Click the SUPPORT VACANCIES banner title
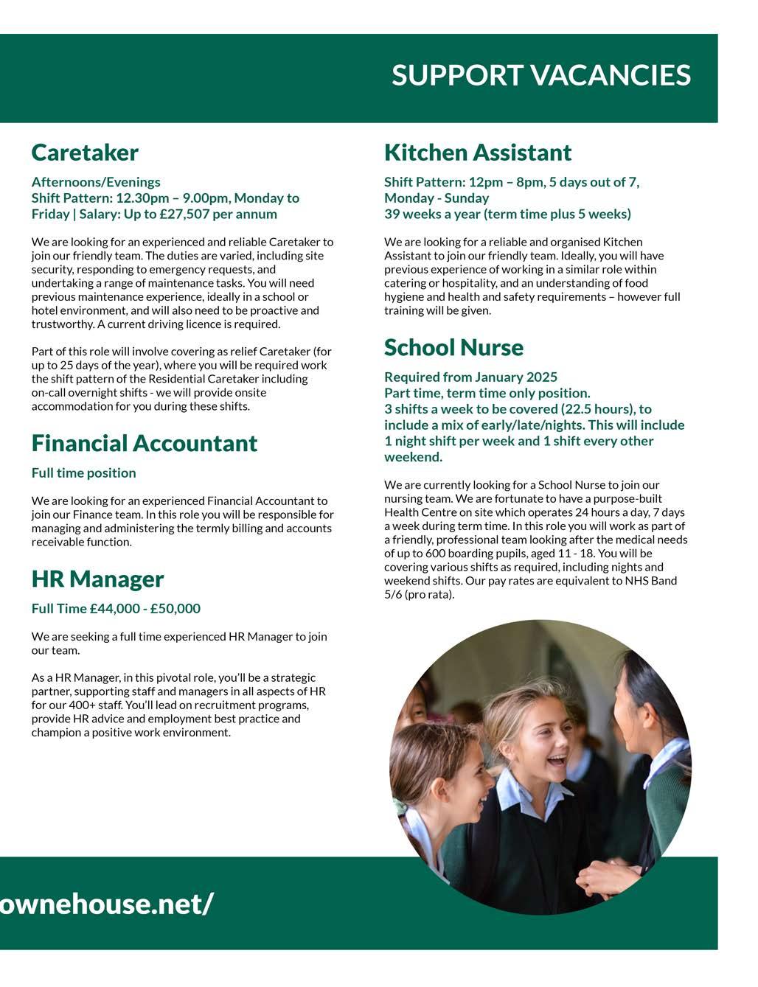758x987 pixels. point(540,75)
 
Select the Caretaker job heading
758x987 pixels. point(85,153)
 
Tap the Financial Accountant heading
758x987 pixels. point(145,443)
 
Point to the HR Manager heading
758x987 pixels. point(97,579)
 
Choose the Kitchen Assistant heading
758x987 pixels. point(478,153)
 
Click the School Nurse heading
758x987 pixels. point(453,347)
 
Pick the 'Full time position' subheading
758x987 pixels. point(83,473)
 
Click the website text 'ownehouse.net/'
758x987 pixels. point(108,903)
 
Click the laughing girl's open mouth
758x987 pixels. point(557,761)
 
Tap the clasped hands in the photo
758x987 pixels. point(605,877)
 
